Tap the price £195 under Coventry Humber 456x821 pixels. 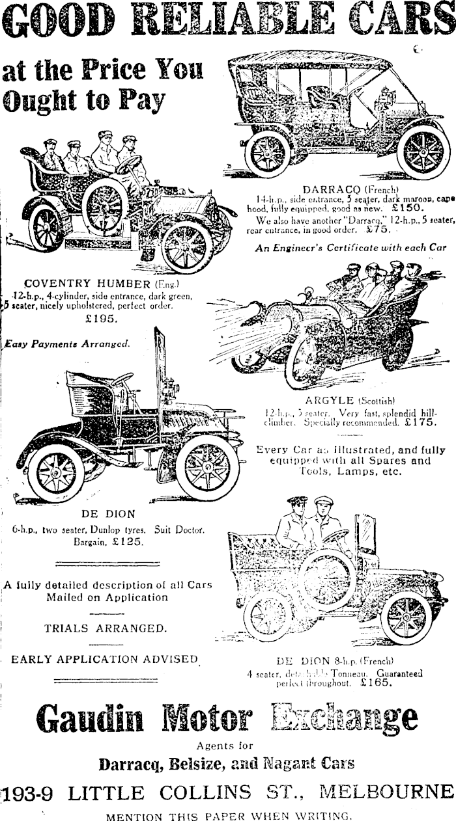(102, 318)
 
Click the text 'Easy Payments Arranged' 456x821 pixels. (67, 343)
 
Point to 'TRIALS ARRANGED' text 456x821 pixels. (105, 628)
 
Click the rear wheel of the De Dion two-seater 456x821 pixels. (55, 472)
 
